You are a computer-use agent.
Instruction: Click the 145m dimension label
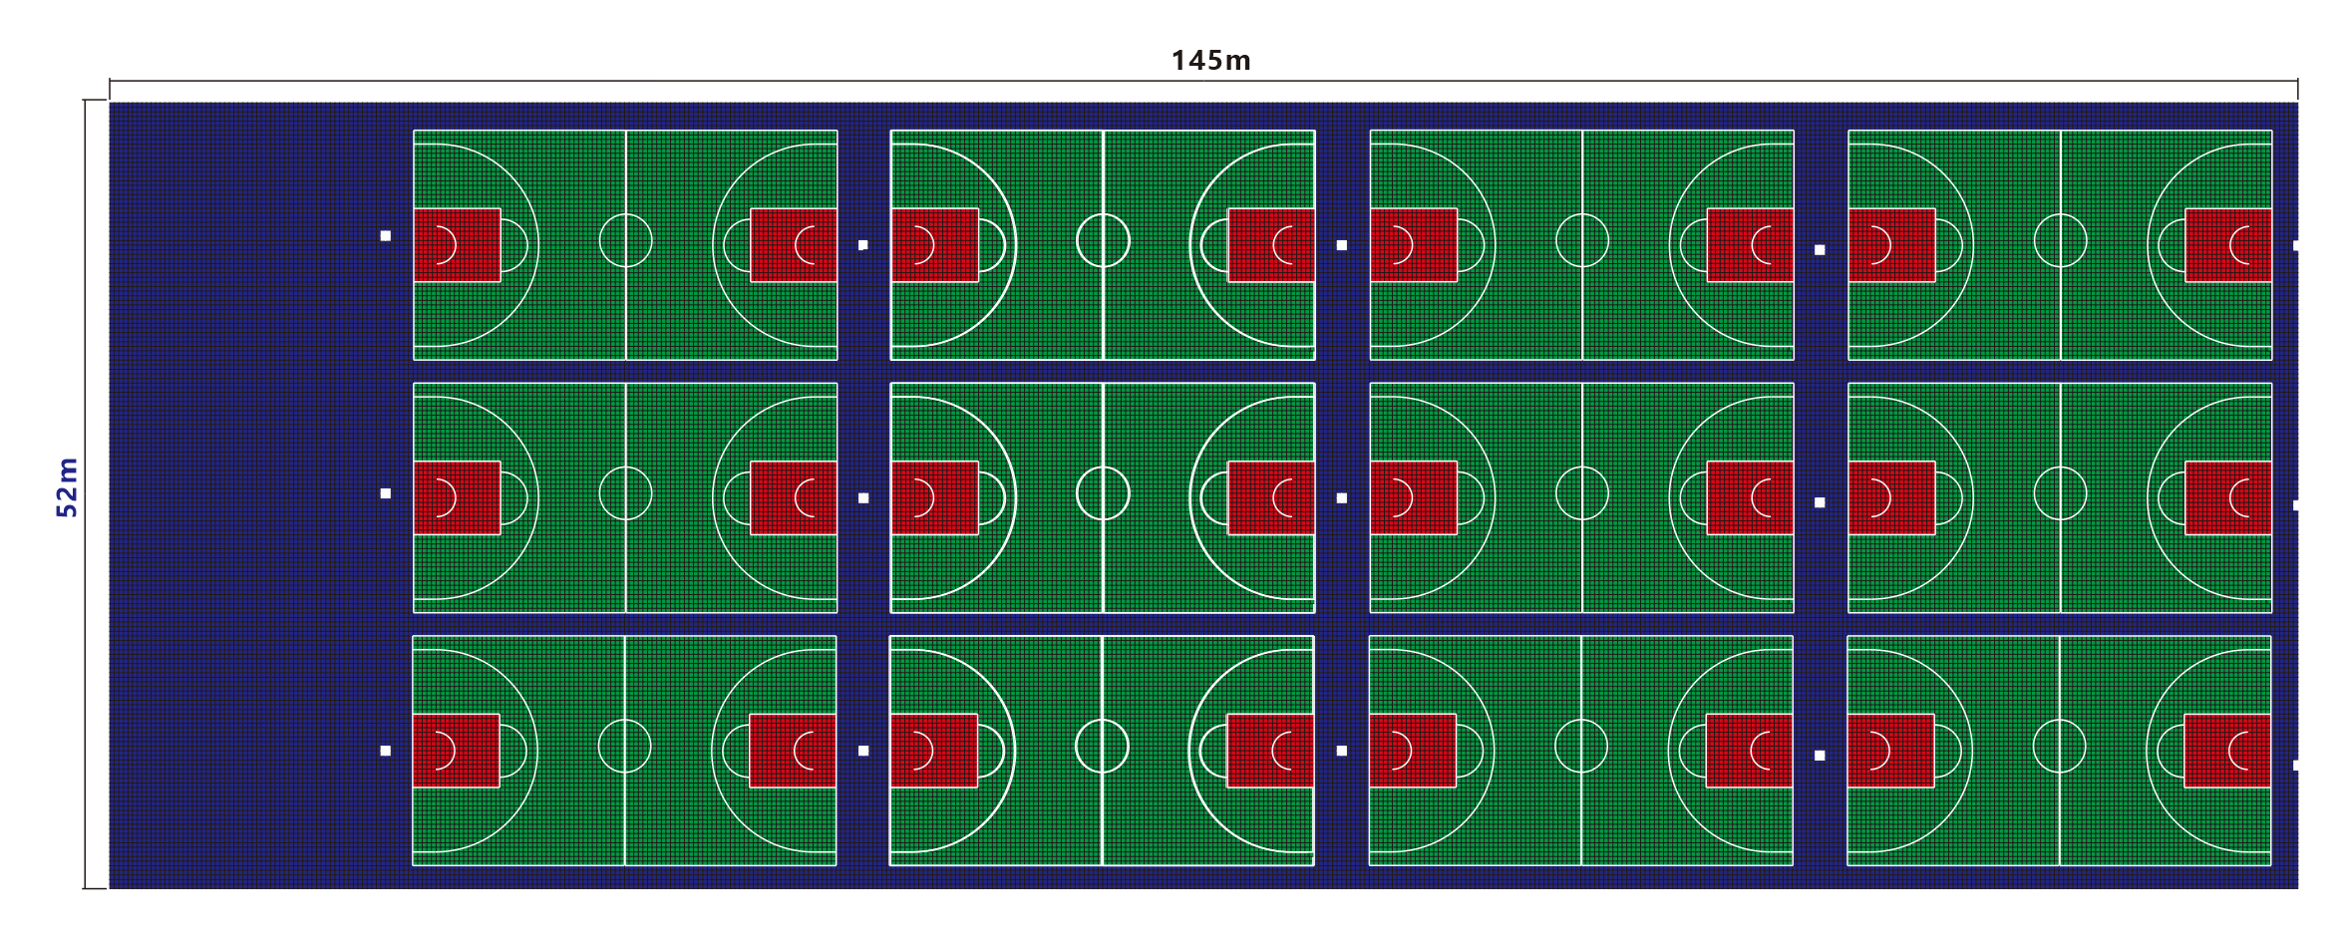tap(1210, 61)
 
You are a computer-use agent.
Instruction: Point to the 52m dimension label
tap(67, 487)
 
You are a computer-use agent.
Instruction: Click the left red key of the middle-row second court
tap(934, 497)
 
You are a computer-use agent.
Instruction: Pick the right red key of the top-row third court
tap(1750, 244)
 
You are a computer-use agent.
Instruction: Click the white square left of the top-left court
tap(386, 236)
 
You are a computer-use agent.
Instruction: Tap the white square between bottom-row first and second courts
tap(863, 751)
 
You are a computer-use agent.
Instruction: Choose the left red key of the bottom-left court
tap(456, 751)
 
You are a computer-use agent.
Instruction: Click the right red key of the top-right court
tap(2228, 244)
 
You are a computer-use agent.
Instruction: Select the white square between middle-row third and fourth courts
tap(1820, 502)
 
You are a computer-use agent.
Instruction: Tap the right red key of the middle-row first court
tap(794, 497)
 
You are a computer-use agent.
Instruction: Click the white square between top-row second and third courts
tap(1342, 245)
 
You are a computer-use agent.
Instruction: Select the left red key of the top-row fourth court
tap(1892, 244)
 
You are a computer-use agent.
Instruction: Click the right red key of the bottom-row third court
tap(1749, 751)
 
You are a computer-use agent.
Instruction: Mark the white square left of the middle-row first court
tap(386, 493)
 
